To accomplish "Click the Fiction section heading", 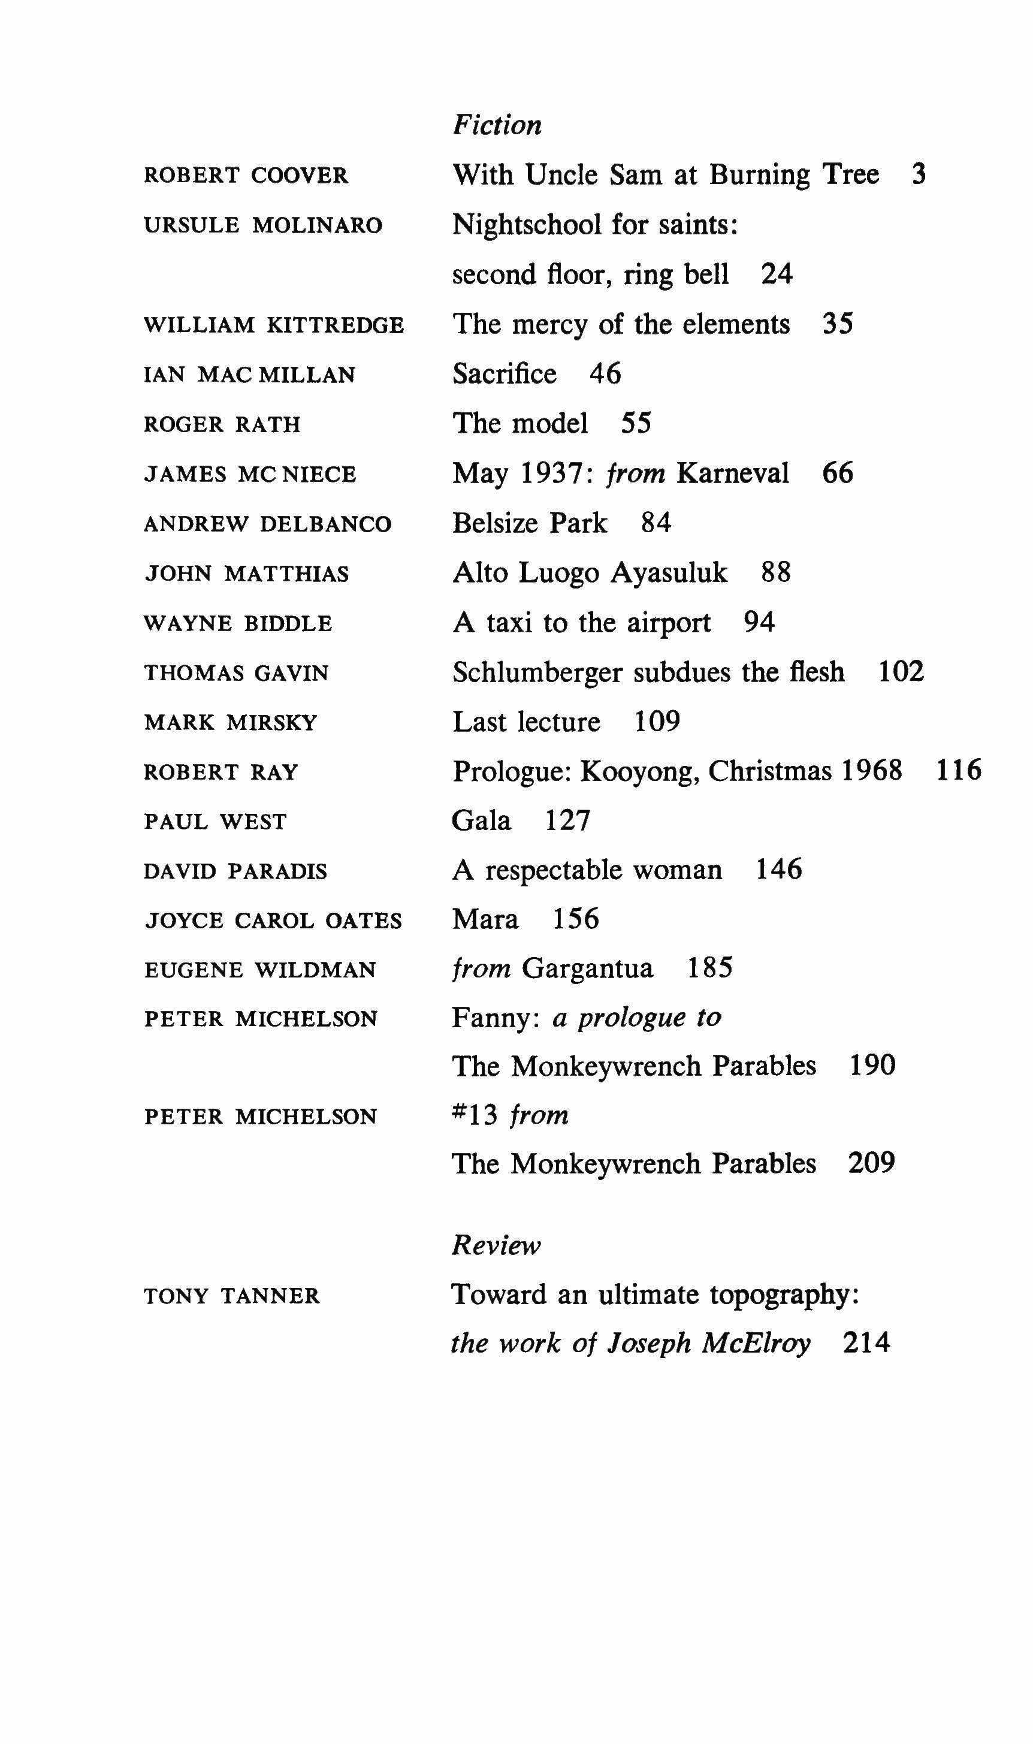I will pyautogui.click(x=496, y=125).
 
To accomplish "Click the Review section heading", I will pyautogui.click(x=496, y=1245).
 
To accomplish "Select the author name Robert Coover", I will pyautogui.click(x=246, y=176).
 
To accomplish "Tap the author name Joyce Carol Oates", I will pyautogui.click(x=273, y=921).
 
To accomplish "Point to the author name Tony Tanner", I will pyautogui.click(x=232, y=1296).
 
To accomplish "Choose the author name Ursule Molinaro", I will pyautogui.click(x=263, y=225).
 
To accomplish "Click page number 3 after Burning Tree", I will pyautogui.click(x=918, y=174).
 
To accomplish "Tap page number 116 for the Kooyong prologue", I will pyautogui.click(x=959, y=770).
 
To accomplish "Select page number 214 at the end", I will pyautogui.click(x=866, y=1342).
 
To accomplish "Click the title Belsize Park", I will pyautogui.click(x=530, y=523).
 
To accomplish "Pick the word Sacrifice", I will pyautogui.click(x=505, y=374).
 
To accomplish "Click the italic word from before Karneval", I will pyautogui.click(x=636, y=473).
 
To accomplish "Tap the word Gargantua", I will pyautogui.click(x=587, y=968).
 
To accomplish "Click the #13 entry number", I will pyautogui.click(x=475, y=1115).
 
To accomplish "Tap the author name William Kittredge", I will pyautogui.click(x=274, y=325).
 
